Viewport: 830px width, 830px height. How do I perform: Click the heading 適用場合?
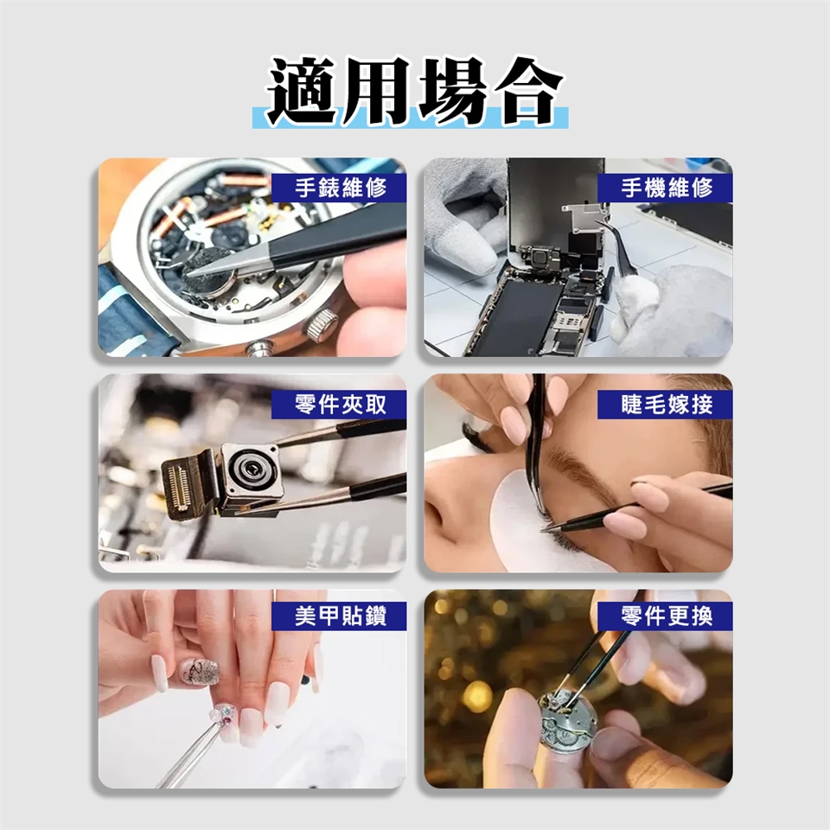(x=414, y=90)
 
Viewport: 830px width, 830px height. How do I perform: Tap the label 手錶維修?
(x=341, y=188)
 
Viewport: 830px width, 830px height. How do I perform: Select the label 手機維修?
(x=667, y=188)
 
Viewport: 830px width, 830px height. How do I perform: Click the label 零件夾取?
(x=341, y=405)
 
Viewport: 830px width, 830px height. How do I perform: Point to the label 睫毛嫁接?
(x=667, y=405)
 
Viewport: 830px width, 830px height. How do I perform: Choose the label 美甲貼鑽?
(x=341, y=616)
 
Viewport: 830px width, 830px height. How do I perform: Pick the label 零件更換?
(x=667, y=616)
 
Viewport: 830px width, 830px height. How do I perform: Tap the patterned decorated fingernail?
(x=199, y=672)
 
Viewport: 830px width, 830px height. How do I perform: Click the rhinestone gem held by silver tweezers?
(x=225, y=712)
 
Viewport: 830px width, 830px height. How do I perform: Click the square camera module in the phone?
(x=539, y=259)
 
